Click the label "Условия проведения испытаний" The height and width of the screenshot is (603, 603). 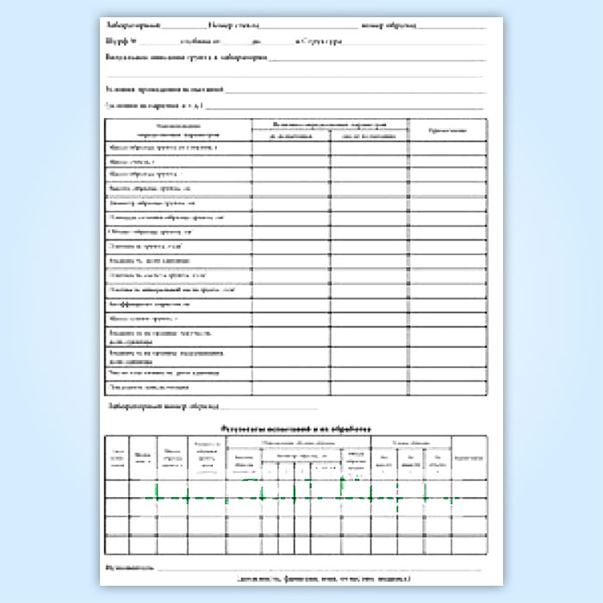pos(164,89)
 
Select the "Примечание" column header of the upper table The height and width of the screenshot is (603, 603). pos(448,130)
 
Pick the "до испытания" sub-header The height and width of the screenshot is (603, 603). pos(290,136)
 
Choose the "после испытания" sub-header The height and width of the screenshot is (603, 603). pos(368,136)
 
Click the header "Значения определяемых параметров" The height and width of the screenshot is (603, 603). pos(329,125)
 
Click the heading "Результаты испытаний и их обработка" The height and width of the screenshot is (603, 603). pos(295,427)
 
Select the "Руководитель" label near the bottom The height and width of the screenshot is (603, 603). pos(130,568)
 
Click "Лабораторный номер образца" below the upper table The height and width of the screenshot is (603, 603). pos(164,405)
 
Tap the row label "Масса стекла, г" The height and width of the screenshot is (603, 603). pos(133,161)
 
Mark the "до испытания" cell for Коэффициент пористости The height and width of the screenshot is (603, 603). pos(290,305)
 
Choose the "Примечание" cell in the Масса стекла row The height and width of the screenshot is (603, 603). pos(448,161)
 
